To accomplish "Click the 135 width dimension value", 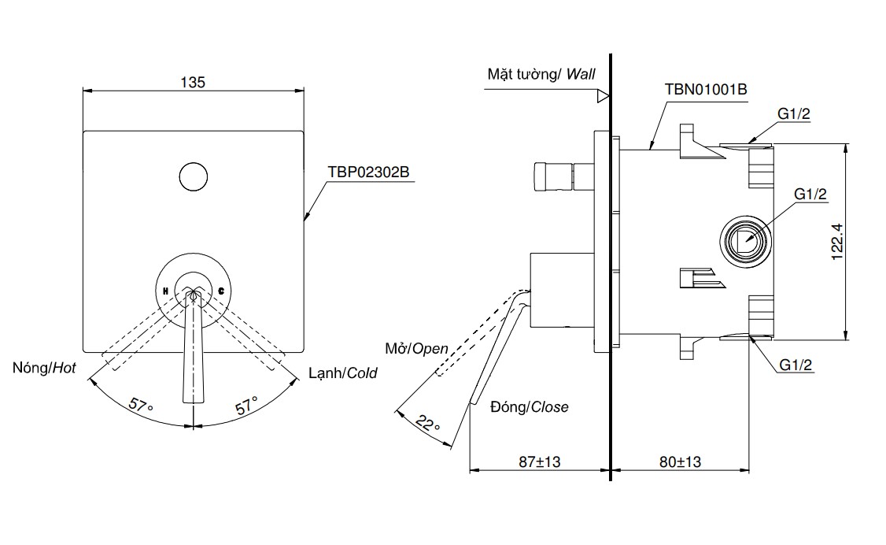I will pyautogui.click(x=193, y=82).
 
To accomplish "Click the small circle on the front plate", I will pyautogui.click(x=193, y=176).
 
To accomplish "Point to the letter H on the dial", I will pyautogui.click(x=166, y=291).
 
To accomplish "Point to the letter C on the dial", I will pyautogui.click(x=221, y=291).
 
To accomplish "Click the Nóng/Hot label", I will pyautogui.click(x=45, y=368).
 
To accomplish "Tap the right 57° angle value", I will pyautogui.click(x=246, y=406).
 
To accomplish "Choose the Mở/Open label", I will pyautogui.click(x=416, y=349).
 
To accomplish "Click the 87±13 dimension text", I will pyautogui.click(x=539, y=462).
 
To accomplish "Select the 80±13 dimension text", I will pyautogui.click(x=680, y=462).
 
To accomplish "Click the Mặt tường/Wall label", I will pyautogui.click(x=541, y=75).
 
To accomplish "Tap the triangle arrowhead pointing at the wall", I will pyautogui.click(x=603, y=97).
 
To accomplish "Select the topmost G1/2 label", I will pyautogui.click(x=794, y=113).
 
